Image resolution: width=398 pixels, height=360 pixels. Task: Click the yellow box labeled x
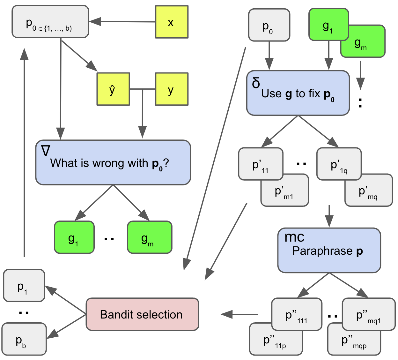(x=172, y=22)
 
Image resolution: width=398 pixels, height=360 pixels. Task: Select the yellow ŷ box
(x=113, y=89)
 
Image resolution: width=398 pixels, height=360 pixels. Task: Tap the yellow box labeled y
(x=172, y=89)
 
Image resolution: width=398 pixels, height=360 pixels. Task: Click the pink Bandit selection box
(x=142, y=314)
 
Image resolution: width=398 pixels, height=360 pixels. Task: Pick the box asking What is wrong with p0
(x=113, y=162)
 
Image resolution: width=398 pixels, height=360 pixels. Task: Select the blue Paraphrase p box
(x=329, y=251)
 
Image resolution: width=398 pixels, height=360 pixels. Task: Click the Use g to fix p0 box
(x=298, y=93)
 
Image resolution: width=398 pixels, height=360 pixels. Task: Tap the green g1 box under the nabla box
(x=74, y=237)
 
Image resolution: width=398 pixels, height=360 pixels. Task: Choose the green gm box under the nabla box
(x=149, y=237)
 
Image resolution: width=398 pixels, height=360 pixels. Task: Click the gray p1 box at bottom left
(x=24, y=286)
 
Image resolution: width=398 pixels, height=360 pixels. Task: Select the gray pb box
(x=24, y=340)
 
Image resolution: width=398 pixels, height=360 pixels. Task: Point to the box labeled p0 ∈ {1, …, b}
(x=50, y=22)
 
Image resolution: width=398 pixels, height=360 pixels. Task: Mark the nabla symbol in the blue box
(x=46, y=151)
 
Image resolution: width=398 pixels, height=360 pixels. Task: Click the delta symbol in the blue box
(x=256, y=83)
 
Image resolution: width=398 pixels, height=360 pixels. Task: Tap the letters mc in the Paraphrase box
(x=294, y=237)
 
